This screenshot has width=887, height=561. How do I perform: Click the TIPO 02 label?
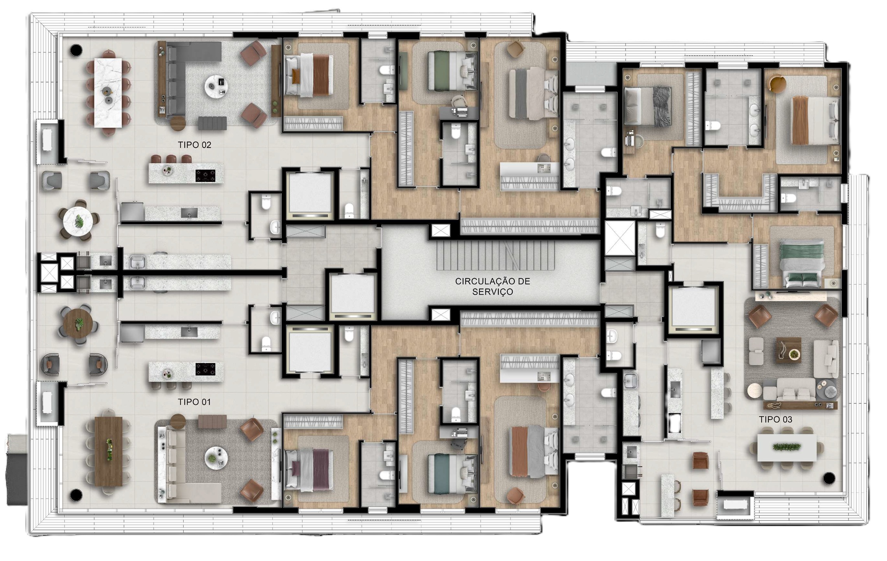[x=195, y=145]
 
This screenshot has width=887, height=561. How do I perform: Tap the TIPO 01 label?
[x=194, y=402]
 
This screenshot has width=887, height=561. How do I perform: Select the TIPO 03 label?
[x=775, y=419]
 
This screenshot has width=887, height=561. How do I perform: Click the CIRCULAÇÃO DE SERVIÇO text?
[x=493, y=286]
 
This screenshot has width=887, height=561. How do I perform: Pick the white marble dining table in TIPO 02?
[x=108, y=93]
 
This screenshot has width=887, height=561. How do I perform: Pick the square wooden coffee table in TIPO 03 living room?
[x=789, y=350]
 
